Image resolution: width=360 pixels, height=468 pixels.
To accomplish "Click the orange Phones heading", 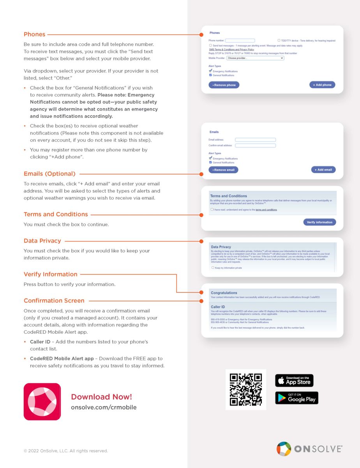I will pos(34,34).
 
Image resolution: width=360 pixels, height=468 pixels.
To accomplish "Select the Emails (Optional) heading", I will pos(49,174).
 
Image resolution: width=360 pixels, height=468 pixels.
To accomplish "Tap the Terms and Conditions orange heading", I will pos(56,214).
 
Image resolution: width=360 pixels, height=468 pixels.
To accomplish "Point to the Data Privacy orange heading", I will pos(42,241).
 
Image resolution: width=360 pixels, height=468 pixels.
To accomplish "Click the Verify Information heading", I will pos(50,275).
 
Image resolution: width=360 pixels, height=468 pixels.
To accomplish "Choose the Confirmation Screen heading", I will pos(54,301).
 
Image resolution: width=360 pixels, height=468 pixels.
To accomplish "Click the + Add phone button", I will pos(322,85).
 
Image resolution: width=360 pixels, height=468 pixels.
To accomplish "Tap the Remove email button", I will pos(223,170).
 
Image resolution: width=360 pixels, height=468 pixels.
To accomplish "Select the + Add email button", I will pos(323,170).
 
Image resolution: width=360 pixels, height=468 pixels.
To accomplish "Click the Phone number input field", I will pos(240,41).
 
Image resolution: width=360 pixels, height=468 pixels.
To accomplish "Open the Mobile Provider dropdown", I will pos(255,58).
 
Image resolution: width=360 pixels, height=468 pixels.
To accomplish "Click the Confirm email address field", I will pos(255,145).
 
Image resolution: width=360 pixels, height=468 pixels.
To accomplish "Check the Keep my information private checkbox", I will pos(213,268).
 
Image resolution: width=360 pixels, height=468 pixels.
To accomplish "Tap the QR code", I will pos(245,390).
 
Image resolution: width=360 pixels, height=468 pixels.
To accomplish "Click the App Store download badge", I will pos(294,380).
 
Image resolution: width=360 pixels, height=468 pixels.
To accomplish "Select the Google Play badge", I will pos(296,398).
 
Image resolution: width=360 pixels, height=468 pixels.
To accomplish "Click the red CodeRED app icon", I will pos(42,401).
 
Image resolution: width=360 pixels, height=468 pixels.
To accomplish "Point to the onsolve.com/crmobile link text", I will pos(104,408).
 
